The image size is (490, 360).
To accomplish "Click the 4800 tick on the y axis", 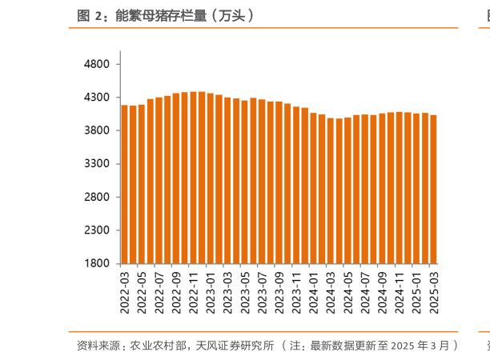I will [x=98, y=64].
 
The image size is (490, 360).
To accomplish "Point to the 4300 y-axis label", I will [x=98, y=97].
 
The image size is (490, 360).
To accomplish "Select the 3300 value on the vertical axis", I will [x=98, y=163].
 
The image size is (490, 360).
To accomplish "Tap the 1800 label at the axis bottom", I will [x=98, y=263].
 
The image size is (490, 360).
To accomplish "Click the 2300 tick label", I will [x=98, y=230].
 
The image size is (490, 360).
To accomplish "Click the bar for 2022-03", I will [x=125, y=184].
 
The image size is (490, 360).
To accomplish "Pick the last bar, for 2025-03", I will [x=433, y=189].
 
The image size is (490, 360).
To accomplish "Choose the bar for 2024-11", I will [x=399, y=187].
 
